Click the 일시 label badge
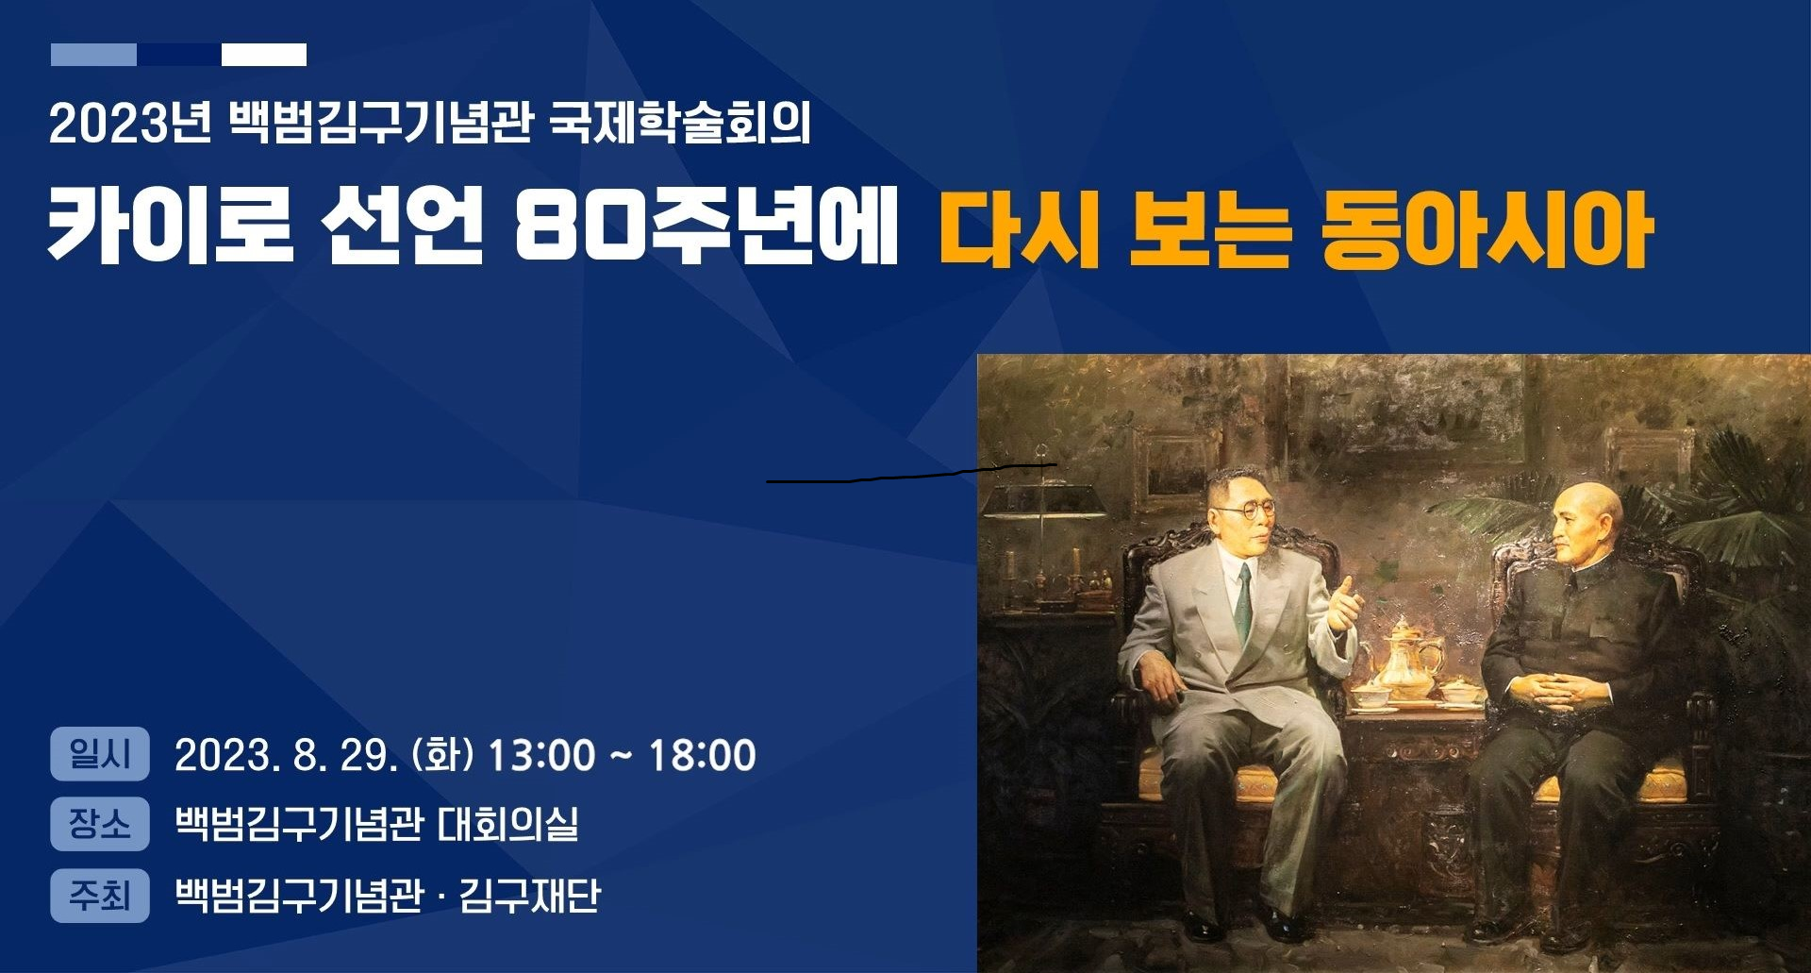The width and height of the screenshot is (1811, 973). (100, 754)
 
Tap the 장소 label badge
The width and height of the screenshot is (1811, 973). (100, 824)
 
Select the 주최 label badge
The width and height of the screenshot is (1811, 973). (100, 895)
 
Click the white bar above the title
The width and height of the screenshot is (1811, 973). (264, 55)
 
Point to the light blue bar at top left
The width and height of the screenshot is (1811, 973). (93, 55)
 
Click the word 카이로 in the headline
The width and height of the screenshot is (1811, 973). (171, 226)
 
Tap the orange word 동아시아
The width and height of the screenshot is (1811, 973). (1486, 229)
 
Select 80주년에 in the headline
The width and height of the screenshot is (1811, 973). (706, 226)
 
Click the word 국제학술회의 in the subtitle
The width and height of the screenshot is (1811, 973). (679, 123)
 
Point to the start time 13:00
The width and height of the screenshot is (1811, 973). (541, 755)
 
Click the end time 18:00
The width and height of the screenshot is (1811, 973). (703, 755)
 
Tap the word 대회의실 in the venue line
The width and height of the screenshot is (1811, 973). (507, 824)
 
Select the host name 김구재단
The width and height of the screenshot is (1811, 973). (529, 895)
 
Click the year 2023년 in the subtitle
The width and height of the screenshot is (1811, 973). (130, 123)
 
